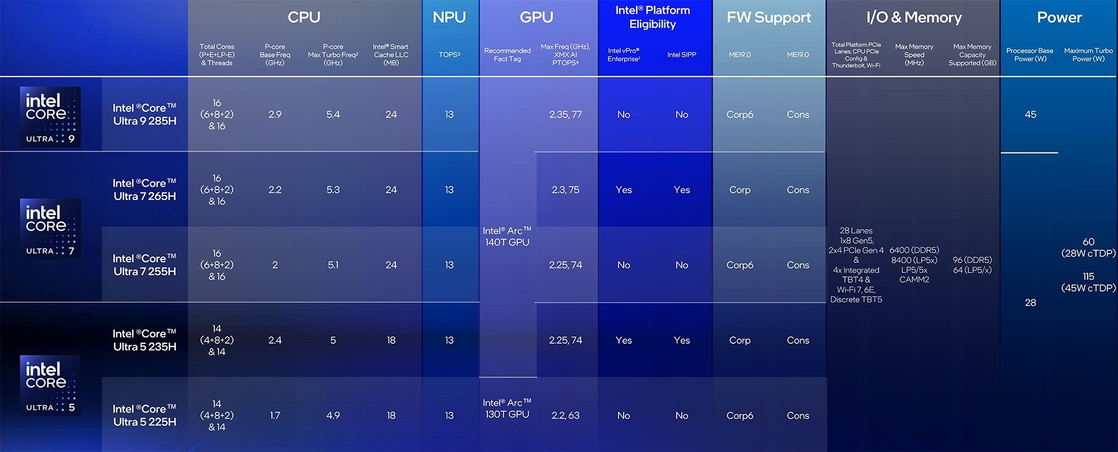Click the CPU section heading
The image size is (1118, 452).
coord(304,17)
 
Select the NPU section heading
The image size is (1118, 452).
coord(449,17)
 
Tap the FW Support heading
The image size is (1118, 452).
coord(769,17)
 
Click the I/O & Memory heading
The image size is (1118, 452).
coord(914,17)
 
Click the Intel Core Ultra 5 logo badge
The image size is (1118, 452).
coord(50,385)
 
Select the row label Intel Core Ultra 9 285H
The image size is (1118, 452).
coord(144,115)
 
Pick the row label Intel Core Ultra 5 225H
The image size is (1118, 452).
coord(144,415)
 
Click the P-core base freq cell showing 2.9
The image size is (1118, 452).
coord(275,115)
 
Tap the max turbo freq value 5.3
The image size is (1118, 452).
coord(333,190)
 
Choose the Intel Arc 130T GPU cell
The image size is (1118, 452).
coord(507,408)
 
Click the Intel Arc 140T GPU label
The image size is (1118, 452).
coord(507,236)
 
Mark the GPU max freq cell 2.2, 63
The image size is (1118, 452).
coord(565,415)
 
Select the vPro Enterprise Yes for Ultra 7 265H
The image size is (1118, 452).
coord(624,190)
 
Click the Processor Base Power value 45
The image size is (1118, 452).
coord(1030,115)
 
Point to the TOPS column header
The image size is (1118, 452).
coord(449,55)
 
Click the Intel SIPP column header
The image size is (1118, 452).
coord(681,55)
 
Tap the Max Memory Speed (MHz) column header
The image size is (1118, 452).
coord(914,55)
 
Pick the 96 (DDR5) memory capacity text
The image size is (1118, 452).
coord(972,260)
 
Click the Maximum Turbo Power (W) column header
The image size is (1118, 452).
coord(1088,55)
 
